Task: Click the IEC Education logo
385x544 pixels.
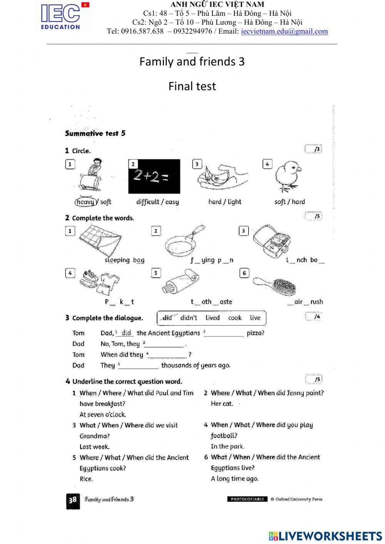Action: click(60, 16)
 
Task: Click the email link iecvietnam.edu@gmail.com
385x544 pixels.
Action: click(284, 32)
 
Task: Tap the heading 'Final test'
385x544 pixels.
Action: click(192, 86)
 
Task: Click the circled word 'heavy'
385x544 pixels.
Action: click(85, 202)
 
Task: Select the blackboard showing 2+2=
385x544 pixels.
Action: click(154, 176)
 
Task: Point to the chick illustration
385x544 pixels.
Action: click(288, 176)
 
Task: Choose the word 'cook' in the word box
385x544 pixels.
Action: click(235, 318)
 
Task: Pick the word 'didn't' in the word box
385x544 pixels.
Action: click(189, 318)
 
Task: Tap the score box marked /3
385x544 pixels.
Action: click(313, 149)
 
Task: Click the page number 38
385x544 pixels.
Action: click(73, 500)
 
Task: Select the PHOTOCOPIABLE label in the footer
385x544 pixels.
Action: click(247, 499)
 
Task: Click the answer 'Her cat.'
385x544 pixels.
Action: click(222, 404)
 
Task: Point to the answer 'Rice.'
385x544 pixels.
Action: click(86, 479)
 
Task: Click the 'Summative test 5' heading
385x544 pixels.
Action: click(95, 134)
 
